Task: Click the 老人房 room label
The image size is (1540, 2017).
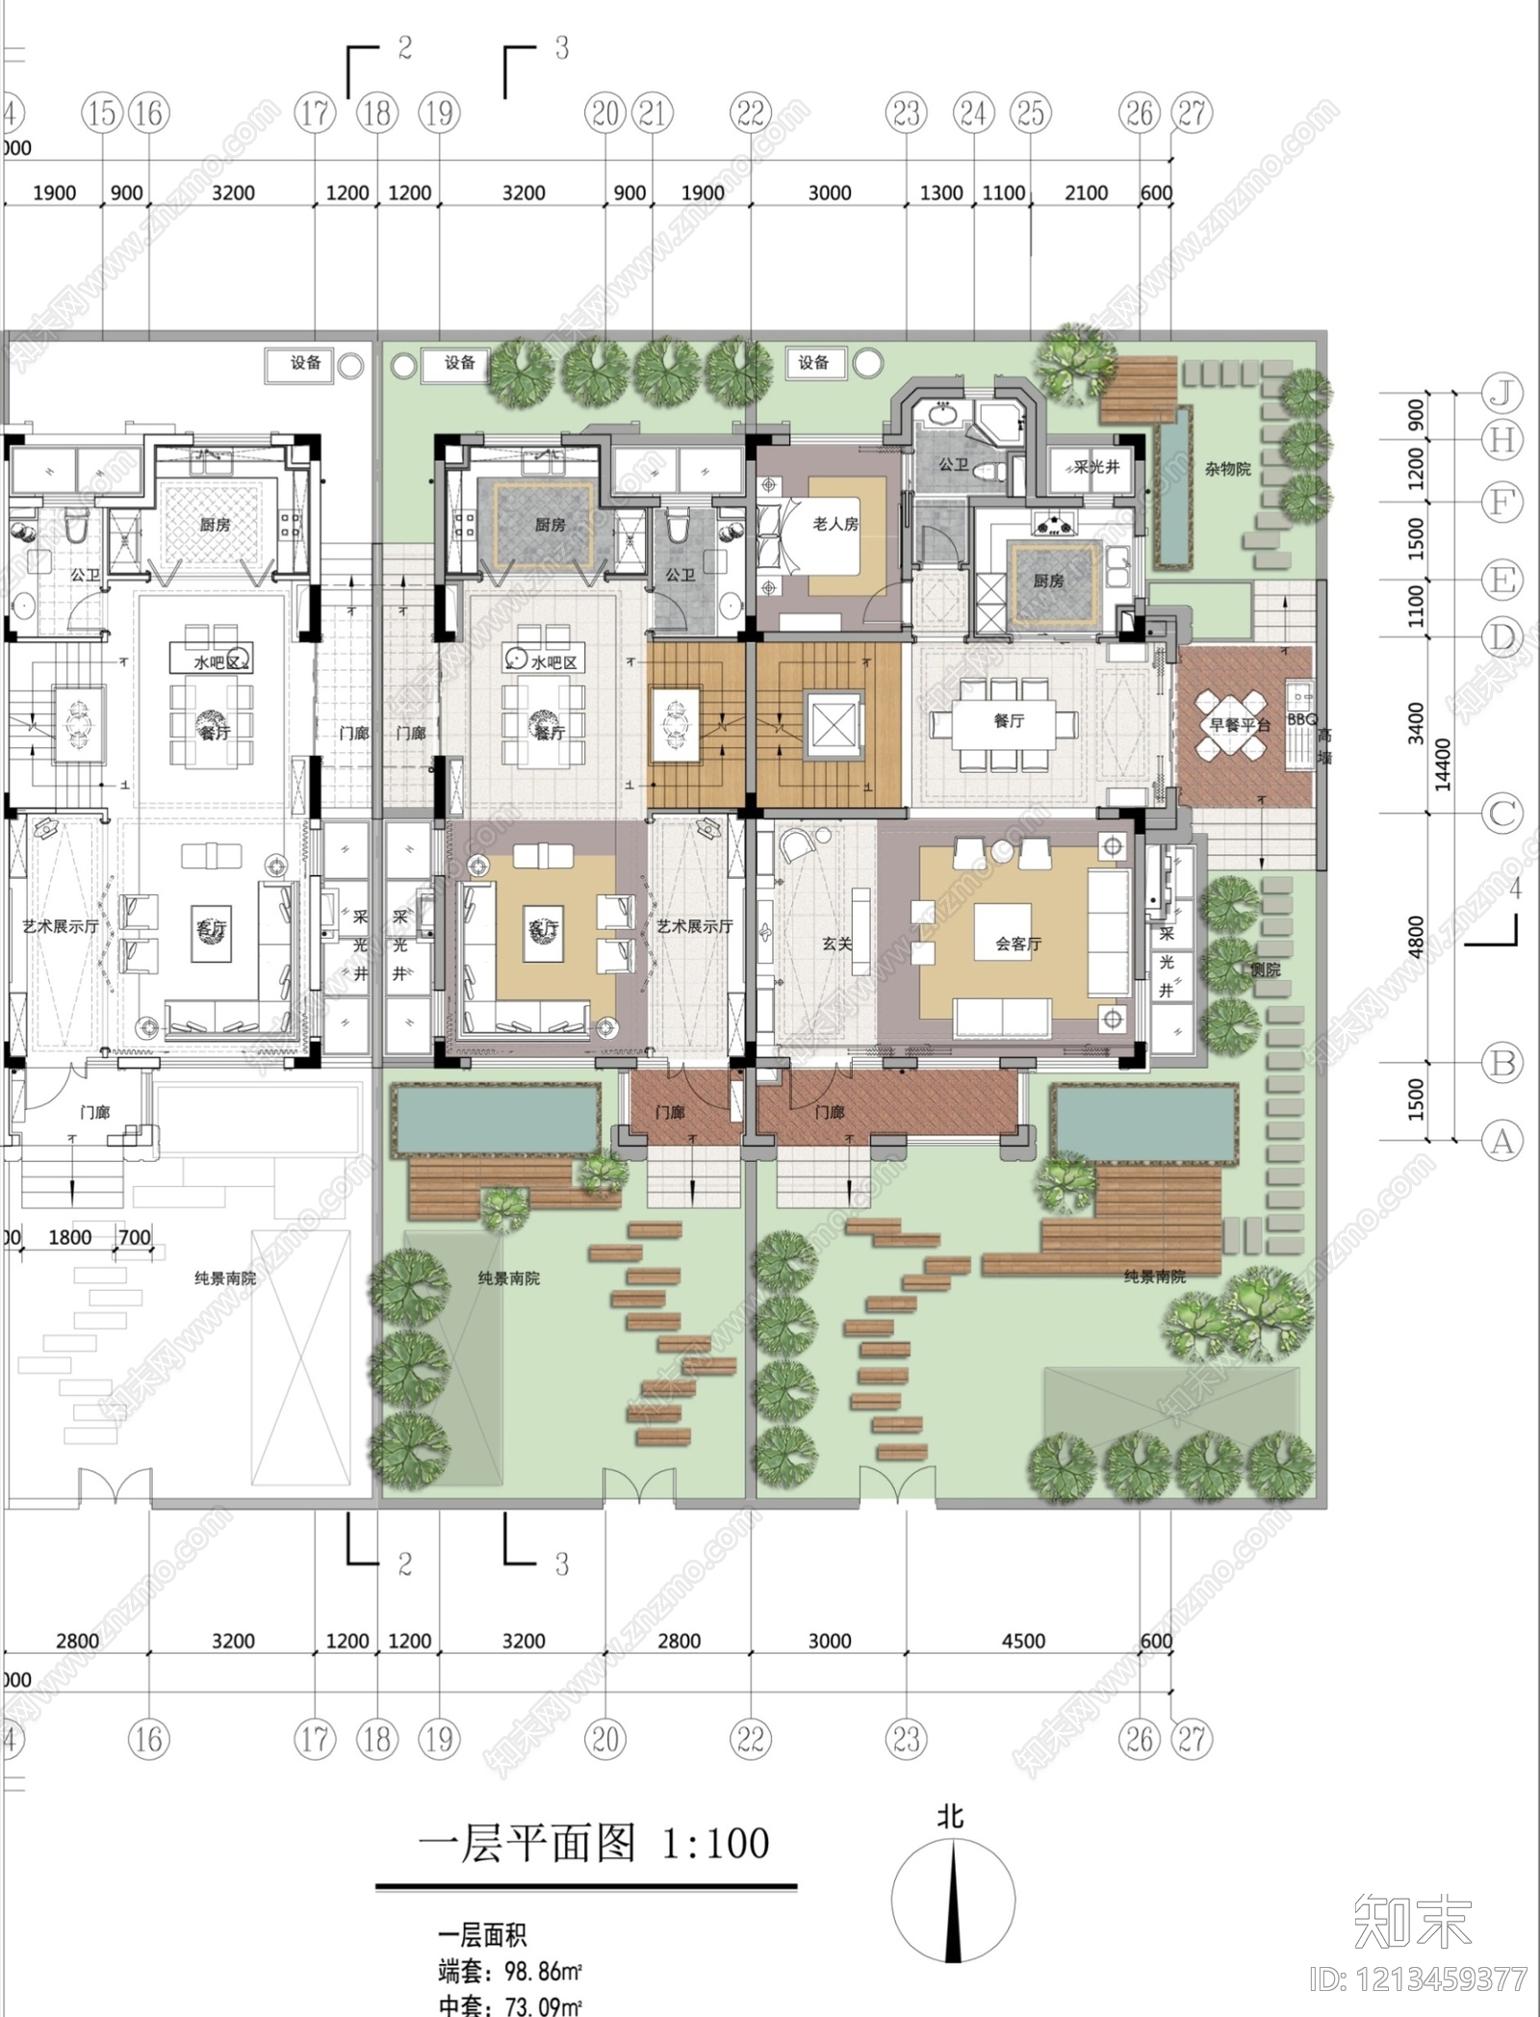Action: click(834, 524)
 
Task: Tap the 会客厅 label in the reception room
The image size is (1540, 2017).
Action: click(1018, 944)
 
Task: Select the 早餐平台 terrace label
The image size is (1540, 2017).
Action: click(1240, 724)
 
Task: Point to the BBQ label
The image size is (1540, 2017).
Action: click(1301, 719)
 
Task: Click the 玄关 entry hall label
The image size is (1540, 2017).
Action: click(836, 944)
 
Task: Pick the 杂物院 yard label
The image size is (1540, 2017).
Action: click(1227, 469)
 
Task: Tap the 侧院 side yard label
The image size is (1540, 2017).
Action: click(1266, 970)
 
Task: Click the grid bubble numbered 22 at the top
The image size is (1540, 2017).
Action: click(751, 114)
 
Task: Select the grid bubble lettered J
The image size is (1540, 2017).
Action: click(1501, 393)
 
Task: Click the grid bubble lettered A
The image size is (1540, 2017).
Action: click(1501, 1142)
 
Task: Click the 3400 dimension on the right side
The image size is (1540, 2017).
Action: click(1416, 724)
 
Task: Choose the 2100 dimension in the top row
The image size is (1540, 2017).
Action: click(1087, 193)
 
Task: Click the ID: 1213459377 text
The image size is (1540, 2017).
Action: click(1419, 1979)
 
